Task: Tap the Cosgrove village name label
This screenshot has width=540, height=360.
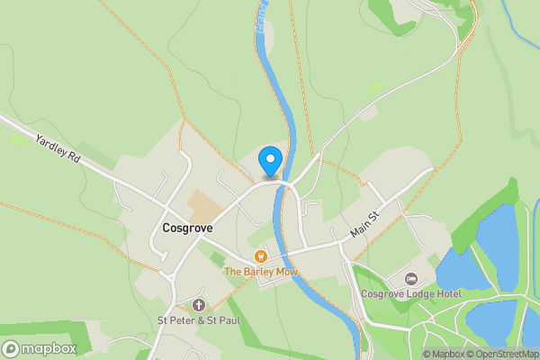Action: coord(187,229)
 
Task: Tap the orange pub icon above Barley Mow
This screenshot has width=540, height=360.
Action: coord(261,256)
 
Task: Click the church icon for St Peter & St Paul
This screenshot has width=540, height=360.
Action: coord(199,305)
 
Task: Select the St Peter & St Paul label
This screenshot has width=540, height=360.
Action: coord(199,319)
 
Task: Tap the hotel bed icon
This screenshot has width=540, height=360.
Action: coord(411,278)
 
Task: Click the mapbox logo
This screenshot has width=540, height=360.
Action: coord(40,348)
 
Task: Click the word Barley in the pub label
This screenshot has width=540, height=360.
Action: coord(258,272)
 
